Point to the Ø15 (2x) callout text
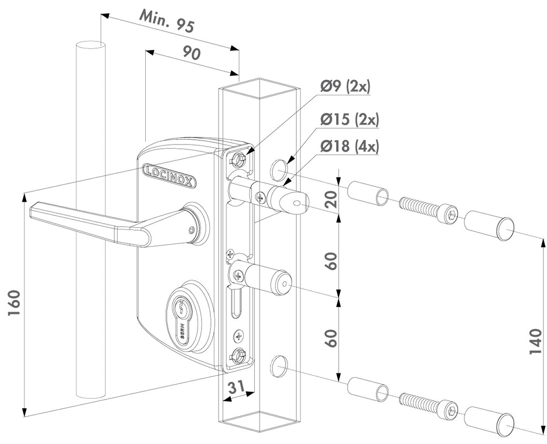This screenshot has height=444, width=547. (349, 120)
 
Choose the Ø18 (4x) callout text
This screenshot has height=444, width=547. (349, 146)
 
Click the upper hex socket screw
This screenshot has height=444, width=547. (429, 209)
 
